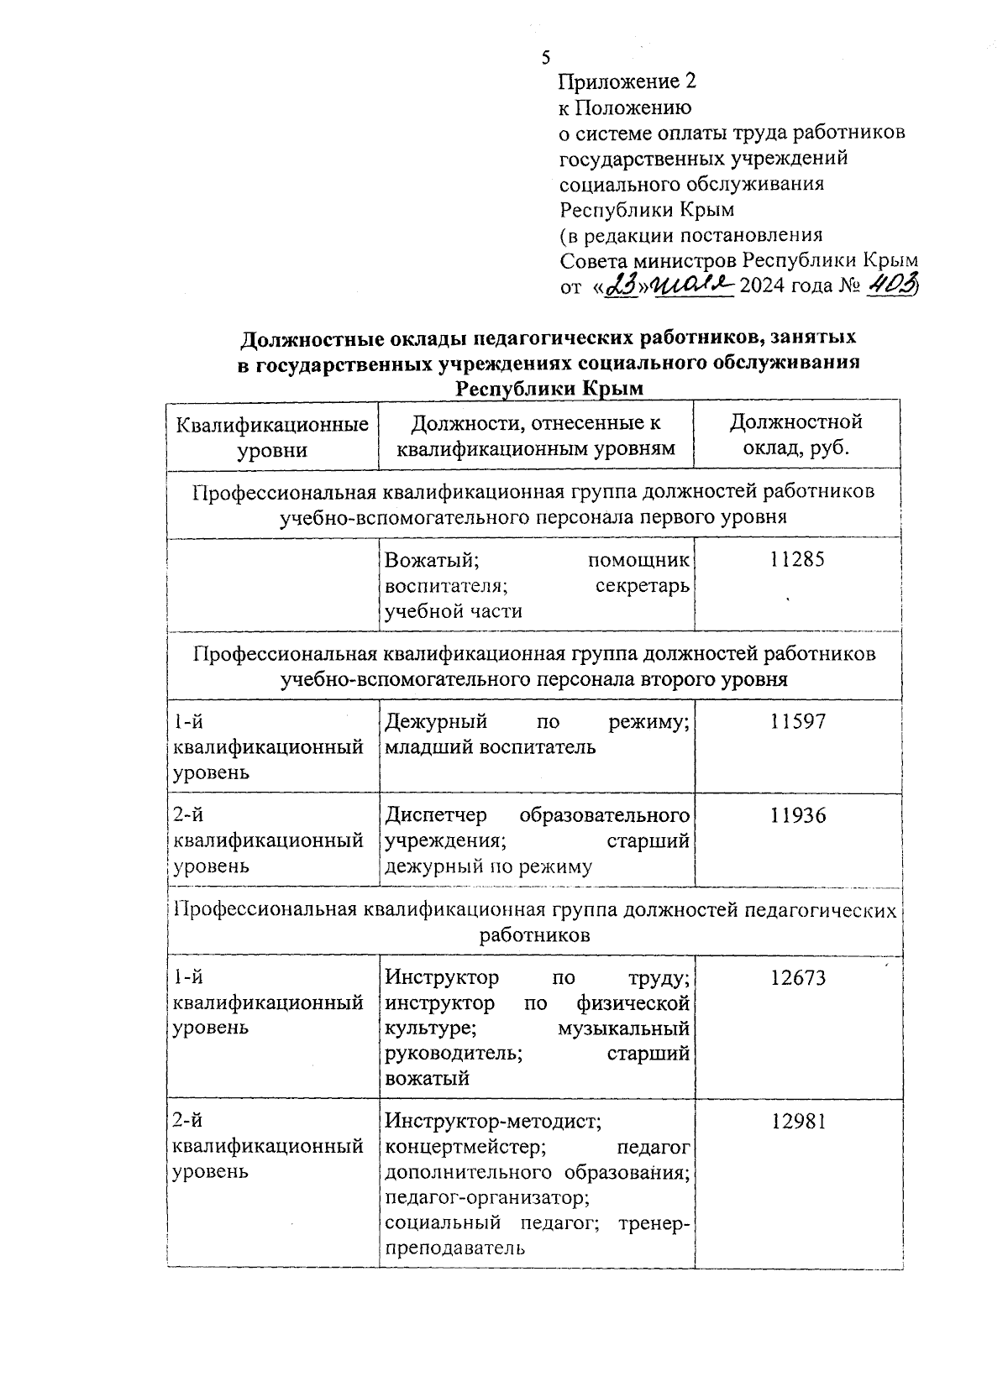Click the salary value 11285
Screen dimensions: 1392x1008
[797, 559]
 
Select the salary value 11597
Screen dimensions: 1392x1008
[797, 721]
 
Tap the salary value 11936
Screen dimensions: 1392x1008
[797, 815]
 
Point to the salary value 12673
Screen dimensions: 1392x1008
[797, 977]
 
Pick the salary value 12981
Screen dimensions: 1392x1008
[797, 1121]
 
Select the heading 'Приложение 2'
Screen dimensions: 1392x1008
[627, 81]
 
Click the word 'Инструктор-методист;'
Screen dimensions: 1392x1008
[491, 1121]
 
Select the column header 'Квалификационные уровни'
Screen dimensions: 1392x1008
[271, 437]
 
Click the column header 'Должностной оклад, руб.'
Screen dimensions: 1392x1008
[796, 434]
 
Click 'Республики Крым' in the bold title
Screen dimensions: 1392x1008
[549, 389]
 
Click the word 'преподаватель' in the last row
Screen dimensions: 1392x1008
[454, 1248]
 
